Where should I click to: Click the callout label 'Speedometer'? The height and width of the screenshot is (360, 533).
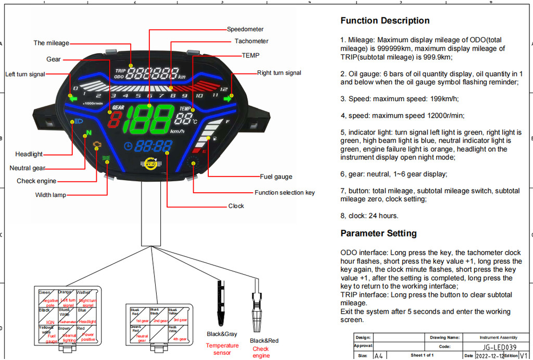[x=245, y=29]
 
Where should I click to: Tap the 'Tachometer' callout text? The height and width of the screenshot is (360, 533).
[x=251, y=41]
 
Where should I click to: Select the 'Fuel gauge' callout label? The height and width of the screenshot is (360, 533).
[x=276, y=177]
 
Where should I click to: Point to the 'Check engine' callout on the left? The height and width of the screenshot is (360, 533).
[x=36, y=181]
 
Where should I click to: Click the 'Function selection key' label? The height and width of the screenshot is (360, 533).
[x=285, y=193]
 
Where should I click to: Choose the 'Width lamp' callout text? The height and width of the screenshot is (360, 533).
[x=50, y=195]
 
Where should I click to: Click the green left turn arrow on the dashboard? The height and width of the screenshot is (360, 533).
[x=72, y=96]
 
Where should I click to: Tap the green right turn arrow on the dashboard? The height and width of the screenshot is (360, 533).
[x=228, y=96]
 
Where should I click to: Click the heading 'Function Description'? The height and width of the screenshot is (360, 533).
[x=385, y=21]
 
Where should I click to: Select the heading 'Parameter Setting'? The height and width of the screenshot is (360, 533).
[x=378, y=233]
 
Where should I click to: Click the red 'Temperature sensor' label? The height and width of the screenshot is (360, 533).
[x=222, y=349]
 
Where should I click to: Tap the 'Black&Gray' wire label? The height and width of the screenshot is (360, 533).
[x=222, y=334]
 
